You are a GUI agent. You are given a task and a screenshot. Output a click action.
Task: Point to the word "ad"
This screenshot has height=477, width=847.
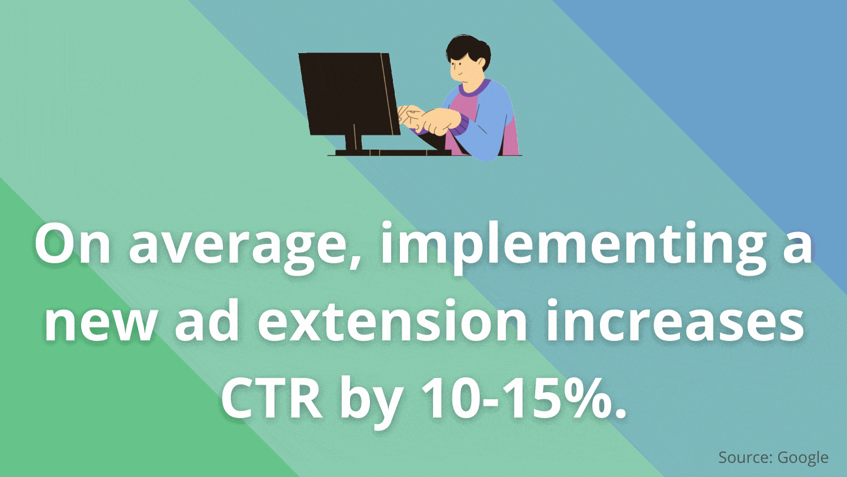[208, 320]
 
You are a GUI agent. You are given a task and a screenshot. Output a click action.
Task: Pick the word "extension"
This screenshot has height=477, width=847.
[392, 320]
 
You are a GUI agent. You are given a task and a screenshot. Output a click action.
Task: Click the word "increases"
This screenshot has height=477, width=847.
[674, 320]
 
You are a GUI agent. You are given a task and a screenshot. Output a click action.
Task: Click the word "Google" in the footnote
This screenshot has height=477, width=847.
[803, 458]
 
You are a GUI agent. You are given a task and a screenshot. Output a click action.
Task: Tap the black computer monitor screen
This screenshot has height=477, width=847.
[349, 94]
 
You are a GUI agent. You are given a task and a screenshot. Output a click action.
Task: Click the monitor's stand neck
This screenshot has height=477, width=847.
[354, 143]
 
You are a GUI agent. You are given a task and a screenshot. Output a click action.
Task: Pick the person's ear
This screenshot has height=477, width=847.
[481, 64]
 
